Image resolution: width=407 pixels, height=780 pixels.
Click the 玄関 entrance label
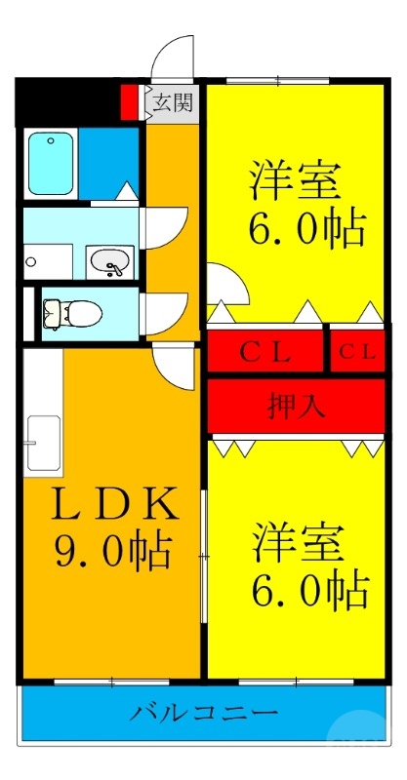(173, 102)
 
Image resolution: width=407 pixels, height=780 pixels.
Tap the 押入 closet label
(296, 405)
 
